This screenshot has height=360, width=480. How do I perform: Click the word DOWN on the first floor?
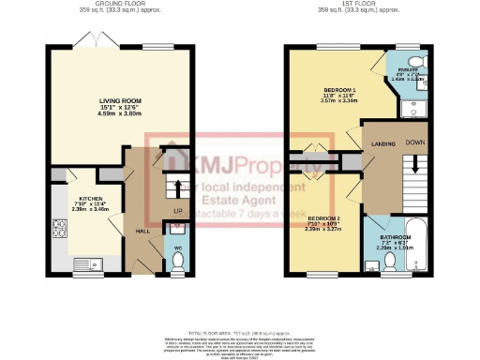(414, 143)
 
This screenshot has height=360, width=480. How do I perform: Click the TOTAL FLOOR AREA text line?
(238, 333)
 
